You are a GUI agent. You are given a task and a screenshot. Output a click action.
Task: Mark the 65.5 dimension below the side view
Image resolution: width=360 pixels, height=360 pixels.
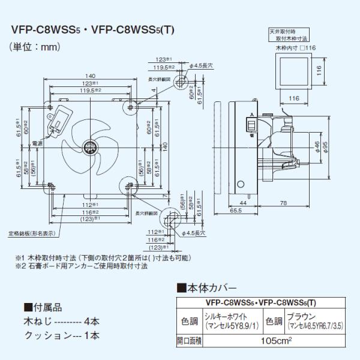pyautogui.click(x=235, y=211)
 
